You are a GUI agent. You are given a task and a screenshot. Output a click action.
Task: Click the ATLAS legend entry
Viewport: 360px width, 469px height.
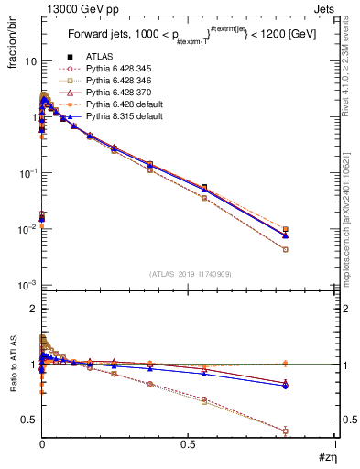[100, 56]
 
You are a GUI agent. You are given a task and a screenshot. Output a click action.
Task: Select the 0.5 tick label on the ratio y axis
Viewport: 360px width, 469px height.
[27, 420]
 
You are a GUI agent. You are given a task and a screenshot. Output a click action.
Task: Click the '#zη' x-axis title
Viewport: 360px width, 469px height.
[324, 456]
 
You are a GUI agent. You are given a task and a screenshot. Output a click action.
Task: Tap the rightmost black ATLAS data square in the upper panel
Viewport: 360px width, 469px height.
[286, 229]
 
